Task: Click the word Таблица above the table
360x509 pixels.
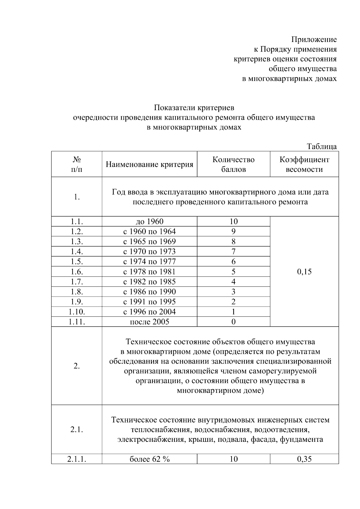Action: click(x=321, y=146)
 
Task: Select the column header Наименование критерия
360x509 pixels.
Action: click(x=149, y=164)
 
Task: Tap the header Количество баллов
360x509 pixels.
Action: click(x=233, y=164)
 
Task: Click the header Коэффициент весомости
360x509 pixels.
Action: click(x=304, y=164)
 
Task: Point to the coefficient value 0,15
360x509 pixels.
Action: click(x=304, y=272)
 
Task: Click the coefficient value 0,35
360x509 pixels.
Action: click(x=304, y=459)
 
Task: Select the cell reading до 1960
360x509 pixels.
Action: click(x=149, y=222)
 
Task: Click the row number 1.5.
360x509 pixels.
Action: click(x=76, y=262)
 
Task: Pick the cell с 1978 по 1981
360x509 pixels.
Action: click(x=149, y=272)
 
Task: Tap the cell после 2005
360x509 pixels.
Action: click(x=149, y=322)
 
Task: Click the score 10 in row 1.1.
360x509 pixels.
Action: click(x=233, y=222)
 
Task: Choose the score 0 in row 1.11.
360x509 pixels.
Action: click(x=233, y=322)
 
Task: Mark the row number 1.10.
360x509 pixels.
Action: click(x=76, y=312)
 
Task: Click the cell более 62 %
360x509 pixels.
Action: click(x=149, y=459)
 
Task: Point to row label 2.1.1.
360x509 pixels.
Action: click(x=76, y=459)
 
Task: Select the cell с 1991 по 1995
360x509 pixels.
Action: click(x=149, y=302)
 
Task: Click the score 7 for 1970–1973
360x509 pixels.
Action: click(x=233, y=252)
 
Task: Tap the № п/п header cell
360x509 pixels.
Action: click(x=76, y=164)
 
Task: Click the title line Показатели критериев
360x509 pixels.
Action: click(x=194, y=107)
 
